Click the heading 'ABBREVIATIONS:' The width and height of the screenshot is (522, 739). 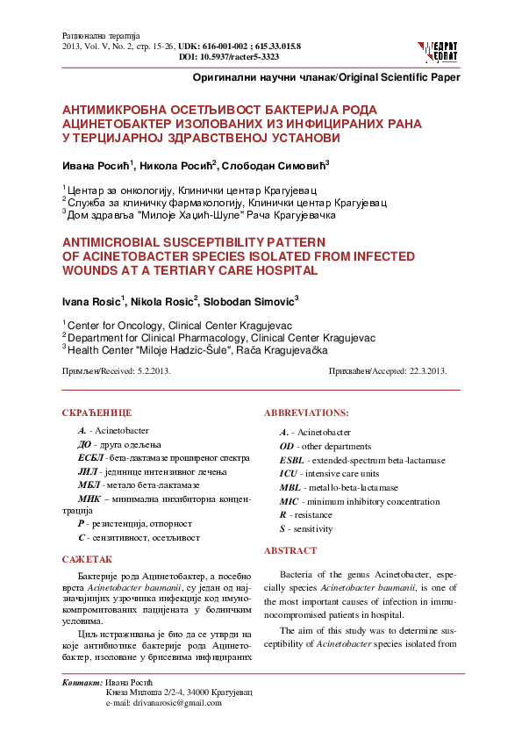305,412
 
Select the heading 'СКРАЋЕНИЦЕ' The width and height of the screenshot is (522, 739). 97,412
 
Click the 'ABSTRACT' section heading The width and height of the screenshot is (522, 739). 290,550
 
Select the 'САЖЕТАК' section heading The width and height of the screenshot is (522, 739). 87,558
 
